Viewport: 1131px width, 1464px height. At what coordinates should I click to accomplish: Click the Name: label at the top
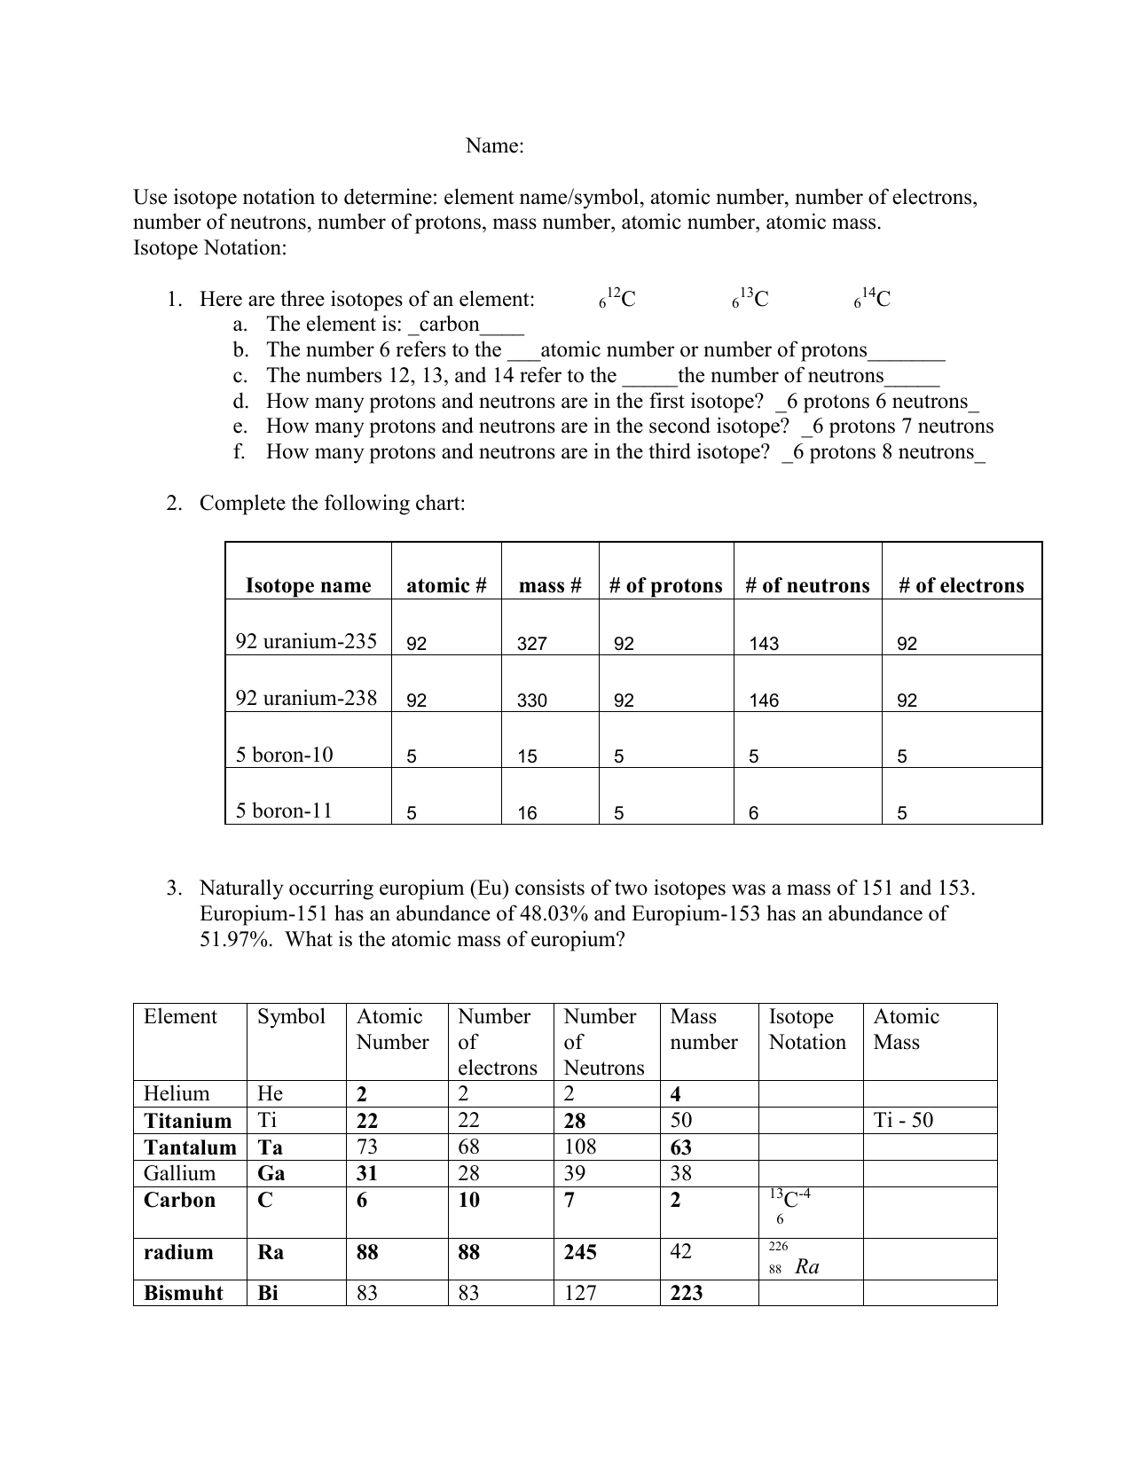494,146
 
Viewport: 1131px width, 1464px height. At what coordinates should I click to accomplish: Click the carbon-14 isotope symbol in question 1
873,300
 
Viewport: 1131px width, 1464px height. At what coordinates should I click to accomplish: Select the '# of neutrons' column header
807,585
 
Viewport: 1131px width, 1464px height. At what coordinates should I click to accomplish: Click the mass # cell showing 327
531,644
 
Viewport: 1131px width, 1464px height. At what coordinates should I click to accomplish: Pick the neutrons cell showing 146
764,701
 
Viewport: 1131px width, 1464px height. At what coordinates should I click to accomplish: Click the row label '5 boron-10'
284,755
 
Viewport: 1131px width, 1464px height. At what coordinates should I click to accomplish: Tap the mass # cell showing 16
527,813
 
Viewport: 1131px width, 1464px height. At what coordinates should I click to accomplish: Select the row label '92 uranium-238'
306,698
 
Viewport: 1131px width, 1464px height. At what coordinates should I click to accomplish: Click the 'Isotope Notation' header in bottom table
807,1029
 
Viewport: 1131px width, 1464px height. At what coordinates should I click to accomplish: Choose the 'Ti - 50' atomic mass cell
903,1120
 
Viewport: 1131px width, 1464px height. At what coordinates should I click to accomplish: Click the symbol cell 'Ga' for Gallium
271,1173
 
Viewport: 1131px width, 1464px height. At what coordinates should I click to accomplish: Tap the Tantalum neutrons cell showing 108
580,1147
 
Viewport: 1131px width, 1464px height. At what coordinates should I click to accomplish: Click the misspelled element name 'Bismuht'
184,1293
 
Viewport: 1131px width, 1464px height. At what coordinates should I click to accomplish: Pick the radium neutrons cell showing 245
580,1252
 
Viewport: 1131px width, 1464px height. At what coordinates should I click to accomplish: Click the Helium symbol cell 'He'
270,1093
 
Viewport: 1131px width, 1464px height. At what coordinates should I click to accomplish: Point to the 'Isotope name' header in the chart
308,585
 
